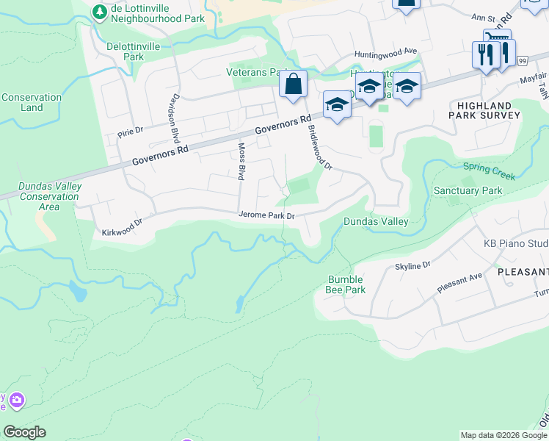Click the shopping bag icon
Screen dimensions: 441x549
point(293,85)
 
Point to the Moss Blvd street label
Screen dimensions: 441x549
point(241,161)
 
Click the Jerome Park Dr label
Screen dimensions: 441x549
point(266,215)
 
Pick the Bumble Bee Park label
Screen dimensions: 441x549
point(346,284)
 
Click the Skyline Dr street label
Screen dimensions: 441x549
point(412,266)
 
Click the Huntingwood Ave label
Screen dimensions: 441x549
point(385,53)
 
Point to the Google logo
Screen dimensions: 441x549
point(24,432)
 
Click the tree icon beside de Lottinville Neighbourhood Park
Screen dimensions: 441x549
point(99,12)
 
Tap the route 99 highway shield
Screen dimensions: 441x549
point(522,60)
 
